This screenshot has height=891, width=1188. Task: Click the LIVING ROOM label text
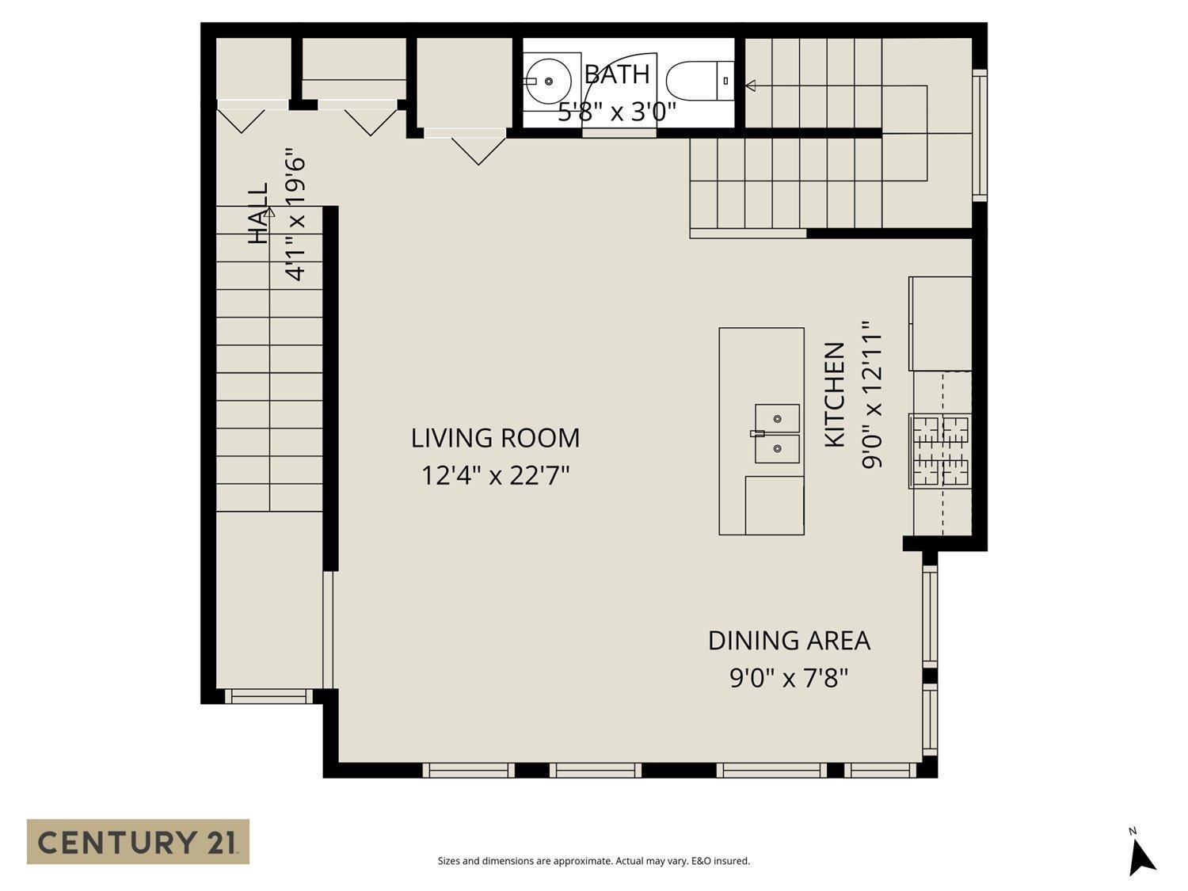[495, 438]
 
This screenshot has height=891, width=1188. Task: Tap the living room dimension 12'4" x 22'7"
[495, 476]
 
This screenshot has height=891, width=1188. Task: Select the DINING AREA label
[789, 641]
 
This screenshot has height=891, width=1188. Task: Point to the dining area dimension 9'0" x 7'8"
[789, 679]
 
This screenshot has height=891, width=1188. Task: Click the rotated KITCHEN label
[835, 394]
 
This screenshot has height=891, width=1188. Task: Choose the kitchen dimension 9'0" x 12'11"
[872, 394]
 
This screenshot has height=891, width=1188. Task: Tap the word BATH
[616, 74]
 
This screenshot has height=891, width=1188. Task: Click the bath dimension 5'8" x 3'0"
[616, 112]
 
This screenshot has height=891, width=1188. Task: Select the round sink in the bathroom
[548, 81]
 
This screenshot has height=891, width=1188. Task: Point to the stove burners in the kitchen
[942, 450]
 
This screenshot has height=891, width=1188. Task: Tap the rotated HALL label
[259, 214]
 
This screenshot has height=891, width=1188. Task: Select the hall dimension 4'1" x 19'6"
[295, 214]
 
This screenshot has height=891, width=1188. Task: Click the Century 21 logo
[138, 841]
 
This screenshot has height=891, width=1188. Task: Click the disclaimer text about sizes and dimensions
[593, 861]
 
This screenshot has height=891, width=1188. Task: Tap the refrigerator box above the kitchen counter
[940, 323]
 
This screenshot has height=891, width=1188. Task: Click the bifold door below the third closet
[478, 149]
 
